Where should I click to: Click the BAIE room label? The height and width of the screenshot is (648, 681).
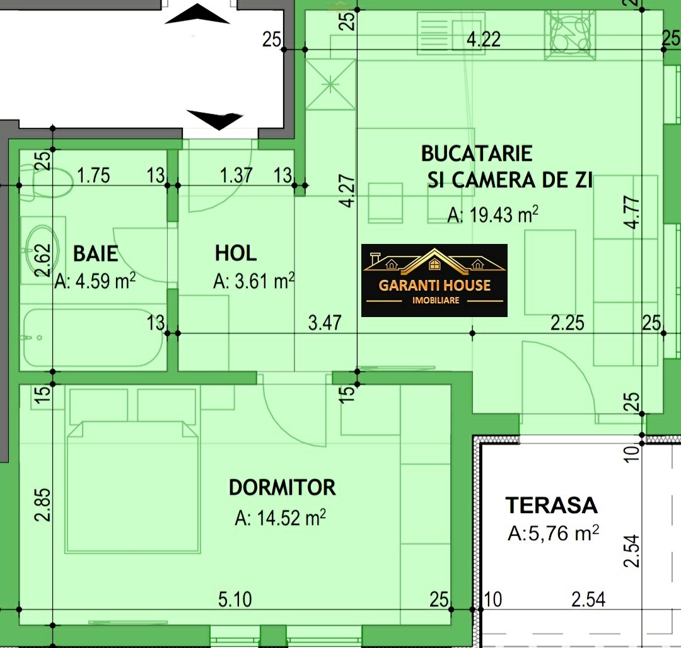click(x=96, y=253)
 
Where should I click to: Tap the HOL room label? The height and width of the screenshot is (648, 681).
click(x=236, y=253)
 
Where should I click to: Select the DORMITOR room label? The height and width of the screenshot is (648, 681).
click(x=282, y=488)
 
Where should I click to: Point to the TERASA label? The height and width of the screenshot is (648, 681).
click(x=552, y=505)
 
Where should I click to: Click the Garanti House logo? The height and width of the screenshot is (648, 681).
click(x=434, y=281)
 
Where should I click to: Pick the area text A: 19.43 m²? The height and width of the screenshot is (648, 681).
click(x=493, y=214)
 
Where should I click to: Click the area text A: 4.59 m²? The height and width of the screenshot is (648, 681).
click(x=95, y=281)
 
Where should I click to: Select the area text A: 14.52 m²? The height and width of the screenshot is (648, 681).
click(x=281, y=518)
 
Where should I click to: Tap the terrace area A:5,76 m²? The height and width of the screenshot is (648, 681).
click(x=554, y=533)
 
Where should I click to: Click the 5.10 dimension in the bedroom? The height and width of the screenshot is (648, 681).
click(x=235, y=599)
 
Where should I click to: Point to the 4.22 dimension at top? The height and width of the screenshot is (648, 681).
click(x=484, y=40)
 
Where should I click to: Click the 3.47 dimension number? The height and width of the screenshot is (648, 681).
click(x=325, y=323)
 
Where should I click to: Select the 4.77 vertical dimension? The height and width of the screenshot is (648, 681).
click(x=633, y=212)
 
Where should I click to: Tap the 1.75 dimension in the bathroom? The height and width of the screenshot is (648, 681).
click(x=93, y=176)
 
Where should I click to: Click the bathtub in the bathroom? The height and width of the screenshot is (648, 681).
click(x=93, y=338)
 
